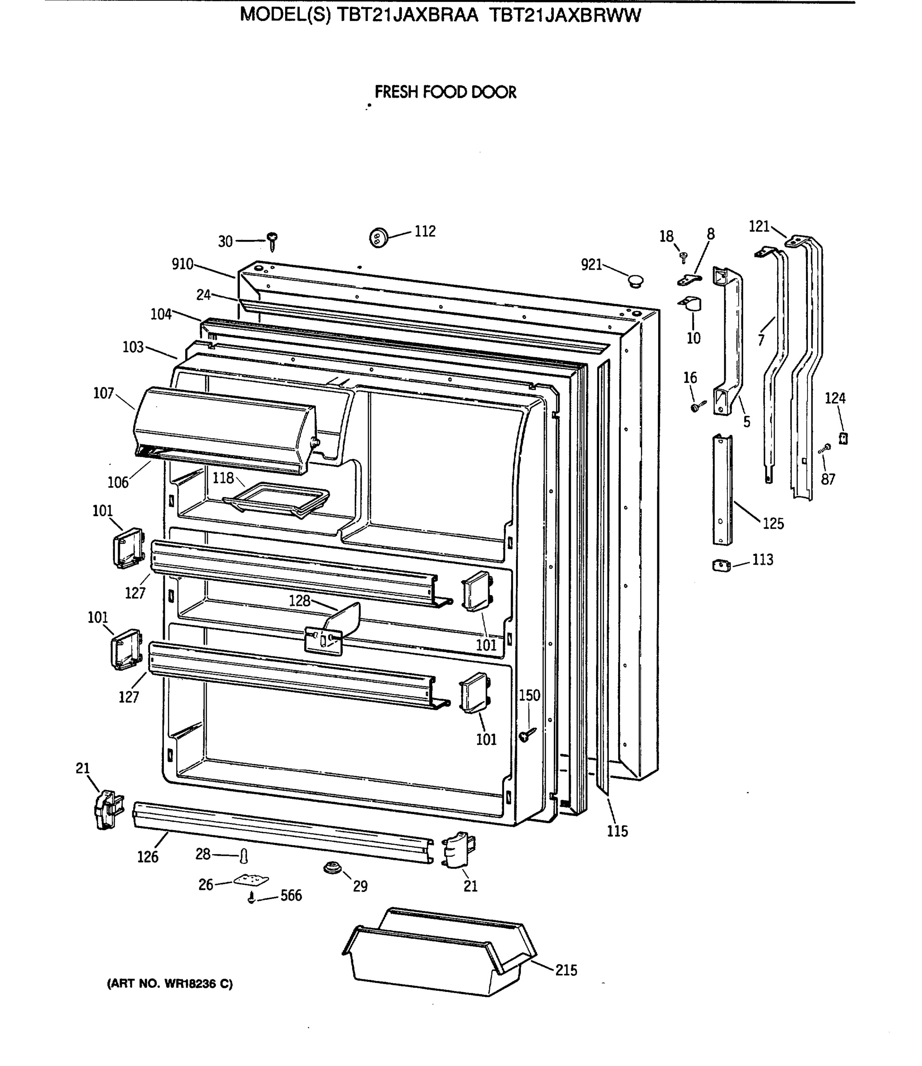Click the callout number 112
425,231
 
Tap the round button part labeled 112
378,238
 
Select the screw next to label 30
272,241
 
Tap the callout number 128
299,601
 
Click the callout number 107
103,393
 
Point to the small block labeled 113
721,566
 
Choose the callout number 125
773,524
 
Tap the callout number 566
291,896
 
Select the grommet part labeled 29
332,868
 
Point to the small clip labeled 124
843,438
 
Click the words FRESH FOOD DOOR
445,92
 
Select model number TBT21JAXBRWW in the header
564,16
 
